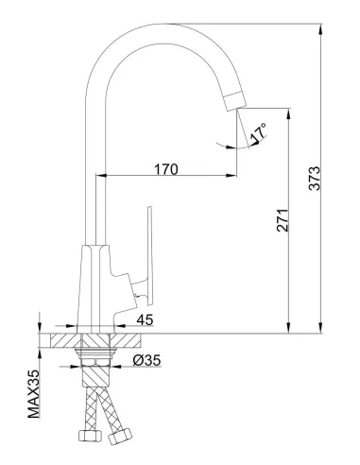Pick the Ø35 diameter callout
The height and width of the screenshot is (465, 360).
point(147,360)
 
